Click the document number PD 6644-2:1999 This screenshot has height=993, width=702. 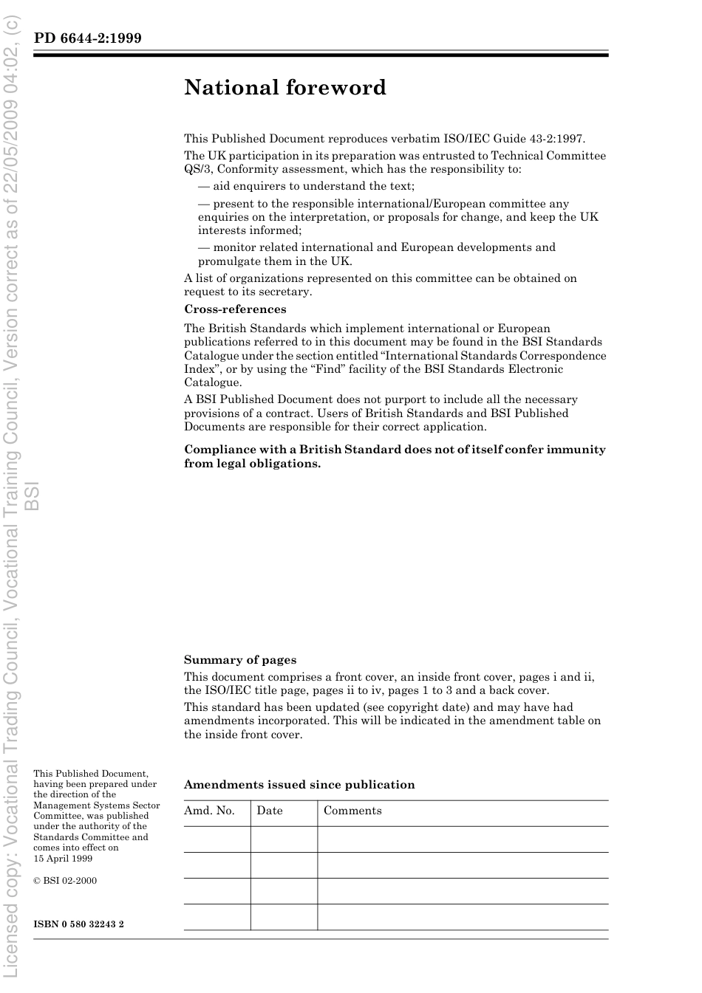87,38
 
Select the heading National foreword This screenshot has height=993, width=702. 285,88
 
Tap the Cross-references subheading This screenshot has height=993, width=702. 235,309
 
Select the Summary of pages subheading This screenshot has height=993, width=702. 240,660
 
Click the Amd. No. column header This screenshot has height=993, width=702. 209,811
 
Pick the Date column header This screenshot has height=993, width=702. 270,811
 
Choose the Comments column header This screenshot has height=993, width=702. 352,811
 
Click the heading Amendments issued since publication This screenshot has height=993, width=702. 299,785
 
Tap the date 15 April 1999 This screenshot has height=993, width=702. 63,859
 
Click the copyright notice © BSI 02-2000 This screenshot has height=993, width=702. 65,881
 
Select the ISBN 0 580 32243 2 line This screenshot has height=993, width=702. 78,924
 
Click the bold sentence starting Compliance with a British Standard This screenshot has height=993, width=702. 395,456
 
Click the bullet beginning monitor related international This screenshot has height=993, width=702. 377,254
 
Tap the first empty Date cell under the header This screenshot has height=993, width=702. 284,839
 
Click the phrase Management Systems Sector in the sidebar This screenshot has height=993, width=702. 96,805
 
